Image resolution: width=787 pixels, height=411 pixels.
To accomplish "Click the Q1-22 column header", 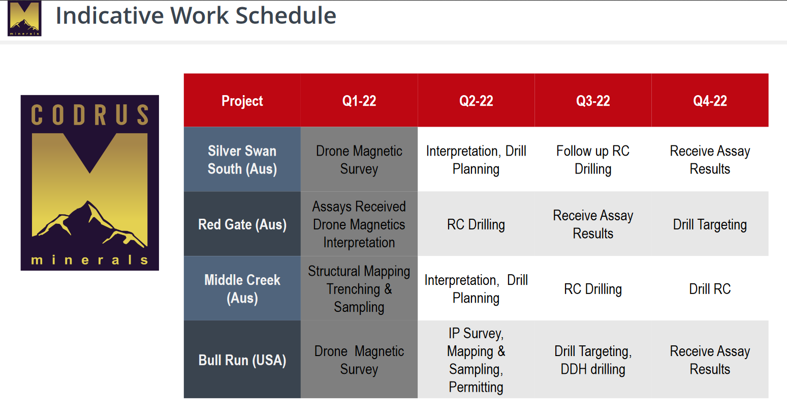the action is pos(359,101).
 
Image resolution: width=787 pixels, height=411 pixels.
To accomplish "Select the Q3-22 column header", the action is pos(593,101).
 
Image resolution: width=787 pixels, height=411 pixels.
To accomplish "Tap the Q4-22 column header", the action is pos(710,101).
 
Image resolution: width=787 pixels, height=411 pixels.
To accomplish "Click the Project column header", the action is pos(242,101).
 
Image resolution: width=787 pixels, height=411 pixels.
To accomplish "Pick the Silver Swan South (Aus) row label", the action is pos(242,159).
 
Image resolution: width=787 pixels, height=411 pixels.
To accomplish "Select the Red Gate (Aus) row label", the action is pos(242,224).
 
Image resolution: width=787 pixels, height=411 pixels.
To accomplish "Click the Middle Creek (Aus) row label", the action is pos(242,288).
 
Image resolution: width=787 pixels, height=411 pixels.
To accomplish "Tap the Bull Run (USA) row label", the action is pos(242,360).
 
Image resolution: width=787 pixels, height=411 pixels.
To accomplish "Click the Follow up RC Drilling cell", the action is pos(593,159).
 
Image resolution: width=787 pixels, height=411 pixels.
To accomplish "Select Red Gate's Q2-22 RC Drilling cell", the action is pos(476,224).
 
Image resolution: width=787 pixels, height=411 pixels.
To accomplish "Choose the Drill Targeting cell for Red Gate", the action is pos(710,224).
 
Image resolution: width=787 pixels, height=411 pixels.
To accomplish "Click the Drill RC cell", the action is pos(710,288).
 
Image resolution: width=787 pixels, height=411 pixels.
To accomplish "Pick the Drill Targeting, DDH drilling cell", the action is pos(593,360).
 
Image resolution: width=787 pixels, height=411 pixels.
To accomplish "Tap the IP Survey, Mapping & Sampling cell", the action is pos(476,360).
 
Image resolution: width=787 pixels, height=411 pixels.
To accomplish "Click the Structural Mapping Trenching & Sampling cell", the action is pos(359,288).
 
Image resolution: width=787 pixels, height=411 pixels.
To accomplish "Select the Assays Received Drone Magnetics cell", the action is pos(359,224).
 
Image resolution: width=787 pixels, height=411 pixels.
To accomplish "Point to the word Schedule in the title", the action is pos(286,15).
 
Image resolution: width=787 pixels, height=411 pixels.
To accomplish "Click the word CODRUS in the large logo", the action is pos(90,115).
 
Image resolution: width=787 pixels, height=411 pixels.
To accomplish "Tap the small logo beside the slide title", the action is pos(24,18).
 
